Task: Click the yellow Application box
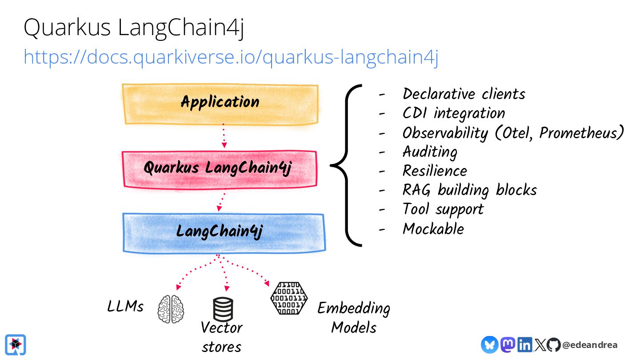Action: click(x=220, y=104)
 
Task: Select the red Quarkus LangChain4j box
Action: click(x=219, y=168)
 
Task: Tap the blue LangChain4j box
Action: click(x=224, y=232)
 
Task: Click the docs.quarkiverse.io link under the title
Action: click(x=231, y=57)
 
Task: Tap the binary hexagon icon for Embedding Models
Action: click(x=288, y=298)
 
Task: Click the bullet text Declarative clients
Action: click(x=464, y=94)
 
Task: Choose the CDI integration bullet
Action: click(x=453, y=113)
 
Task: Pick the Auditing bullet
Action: click(x=429, y=152)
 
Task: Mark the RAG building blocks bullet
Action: click(x=469, y=190)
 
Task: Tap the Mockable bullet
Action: click(x=433, y=229)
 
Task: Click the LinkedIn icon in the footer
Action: click(x=525, y=344)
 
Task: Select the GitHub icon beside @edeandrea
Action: click(x=553, y=344)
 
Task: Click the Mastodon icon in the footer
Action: click(x=508, y=344)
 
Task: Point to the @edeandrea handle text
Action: click(x=590, y=345)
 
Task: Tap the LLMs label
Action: click(x=125, y=307)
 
